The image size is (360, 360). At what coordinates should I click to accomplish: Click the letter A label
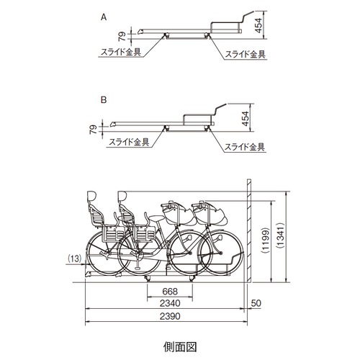point(104,17)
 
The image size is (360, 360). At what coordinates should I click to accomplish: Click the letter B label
point(104,100)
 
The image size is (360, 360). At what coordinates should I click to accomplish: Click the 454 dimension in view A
point(258,25)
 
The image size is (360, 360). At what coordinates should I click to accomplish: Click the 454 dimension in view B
point(246,119)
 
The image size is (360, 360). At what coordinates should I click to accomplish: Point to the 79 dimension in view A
point(122,36)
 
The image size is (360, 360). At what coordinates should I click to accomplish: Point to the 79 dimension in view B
point(94,130)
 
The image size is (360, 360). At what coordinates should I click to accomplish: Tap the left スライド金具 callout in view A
point(121,52)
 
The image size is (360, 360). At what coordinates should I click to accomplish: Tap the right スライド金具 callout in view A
point(245,54)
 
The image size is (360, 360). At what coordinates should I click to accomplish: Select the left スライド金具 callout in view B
point(129,142)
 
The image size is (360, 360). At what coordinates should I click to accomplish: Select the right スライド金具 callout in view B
point(245,147)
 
